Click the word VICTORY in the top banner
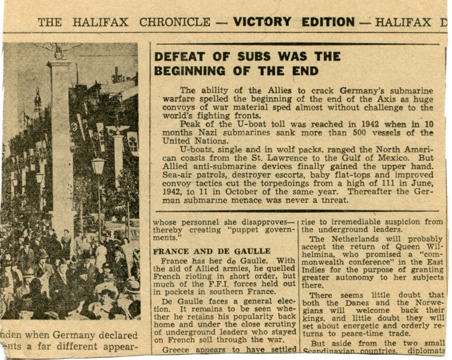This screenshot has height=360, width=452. pyautogui.click(x=262, y=22)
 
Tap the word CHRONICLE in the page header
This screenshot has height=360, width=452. pyautogui.click(x=174, y=22)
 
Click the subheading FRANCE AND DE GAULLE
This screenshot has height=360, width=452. pyautogui.click(x=211, y=251)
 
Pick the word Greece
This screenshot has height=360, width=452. pyautogui.click(x=176, y=350)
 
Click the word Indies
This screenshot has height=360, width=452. pyautogui.click(x=313, y=270)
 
